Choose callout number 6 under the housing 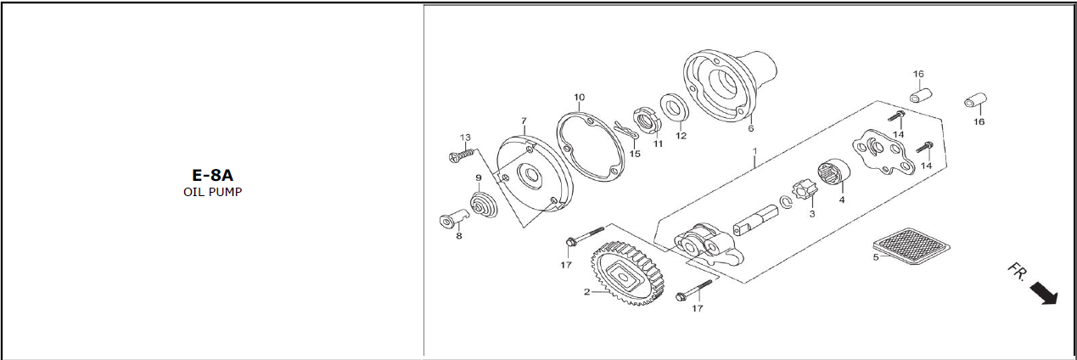(750, 129)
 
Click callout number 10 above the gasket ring (579, 97)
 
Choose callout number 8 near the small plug (459, 236)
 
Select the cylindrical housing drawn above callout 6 (735, 83)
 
